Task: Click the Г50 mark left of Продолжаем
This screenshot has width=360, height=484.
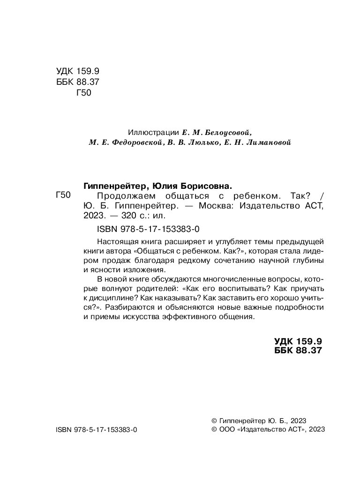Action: coord(63,196)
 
